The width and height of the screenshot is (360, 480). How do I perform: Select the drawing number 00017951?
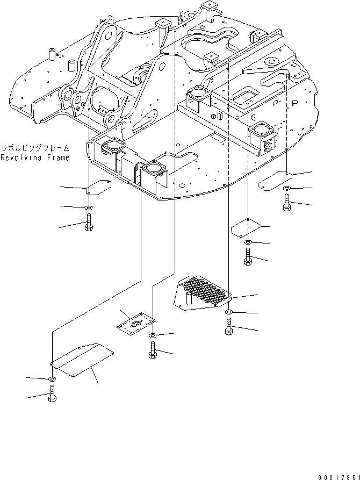click(x=337, y=475)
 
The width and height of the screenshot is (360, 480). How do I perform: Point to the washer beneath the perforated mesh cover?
click(x=229, y=312)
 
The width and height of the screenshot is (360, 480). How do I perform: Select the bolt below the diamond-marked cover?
click(x=152, y=350)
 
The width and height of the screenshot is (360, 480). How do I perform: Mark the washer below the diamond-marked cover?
click(x=152, y=336)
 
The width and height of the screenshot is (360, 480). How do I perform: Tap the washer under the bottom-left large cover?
click(x=52, y=380)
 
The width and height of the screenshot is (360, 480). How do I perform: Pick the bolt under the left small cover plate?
click(x=89, y=222)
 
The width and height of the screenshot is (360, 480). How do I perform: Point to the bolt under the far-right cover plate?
click(x=286, y=202)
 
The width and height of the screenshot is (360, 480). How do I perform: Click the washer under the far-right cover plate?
click(x=286, y=188)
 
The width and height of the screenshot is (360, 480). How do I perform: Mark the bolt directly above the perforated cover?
click(x=247, y=258)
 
